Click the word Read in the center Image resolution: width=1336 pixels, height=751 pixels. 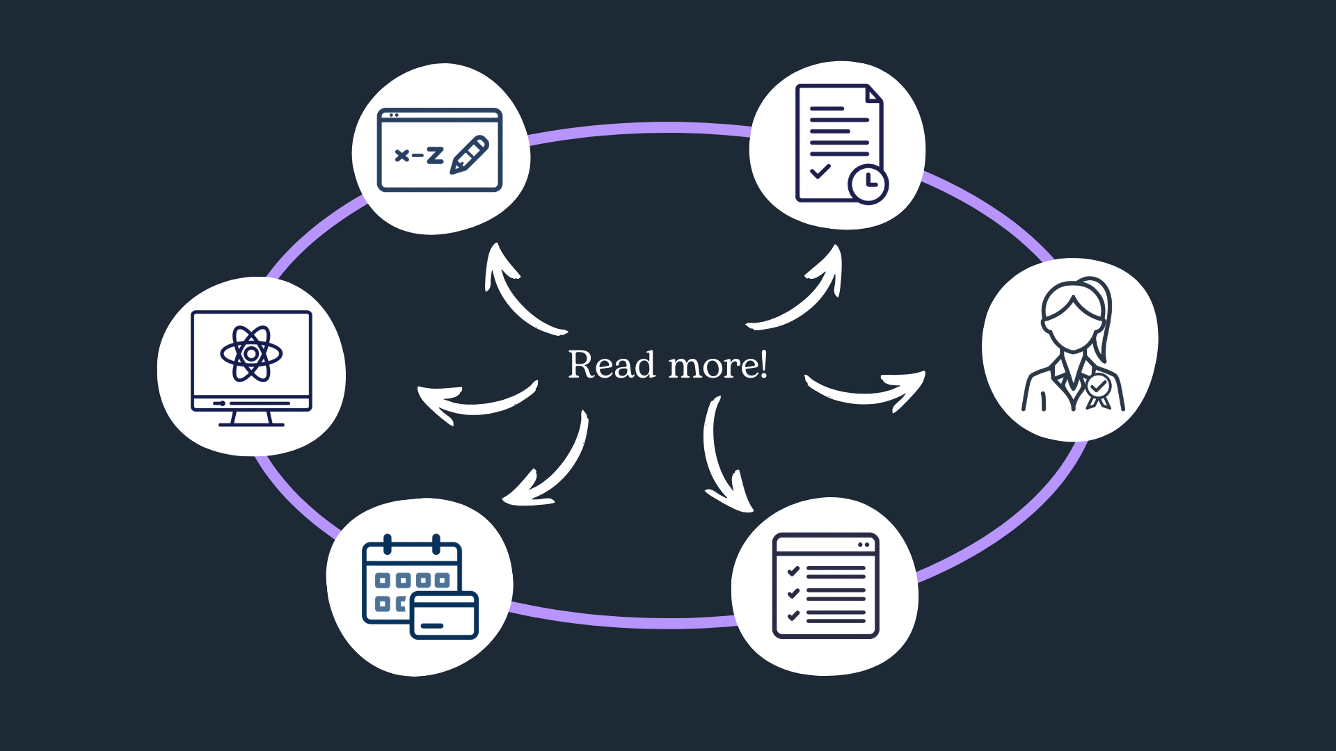pos(612,365)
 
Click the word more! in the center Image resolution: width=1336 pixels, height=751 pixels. pos(717,365)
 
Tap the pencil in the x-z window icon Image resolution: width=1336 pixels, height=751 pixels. pos(470,155)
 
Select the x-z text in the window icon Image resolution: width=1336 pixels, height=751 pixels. pos(419,155)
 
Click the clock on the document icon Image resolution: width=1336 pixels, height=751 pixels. pos(868,184)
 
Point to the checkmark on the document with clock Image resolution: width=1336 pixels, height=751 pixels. pos(820,170)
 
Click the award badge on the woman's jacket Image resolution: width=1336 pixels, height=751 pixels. pos(1098,387)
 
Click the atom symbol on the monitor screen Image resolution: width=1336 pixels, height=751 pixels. pos(251,354)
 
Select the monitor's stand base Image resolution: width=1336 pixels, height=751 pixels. pos(251,422)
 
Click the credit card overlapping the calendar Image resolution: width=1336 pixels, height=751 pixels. pos(444,615)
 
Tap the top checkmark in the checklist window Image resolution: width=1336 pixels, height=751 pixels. pos(793,571)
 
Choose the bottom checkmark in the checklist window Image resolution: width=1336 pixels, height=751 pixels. pos(793,615)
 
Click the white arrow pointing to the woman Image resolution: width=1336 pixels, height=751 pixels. pos(870,393)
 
